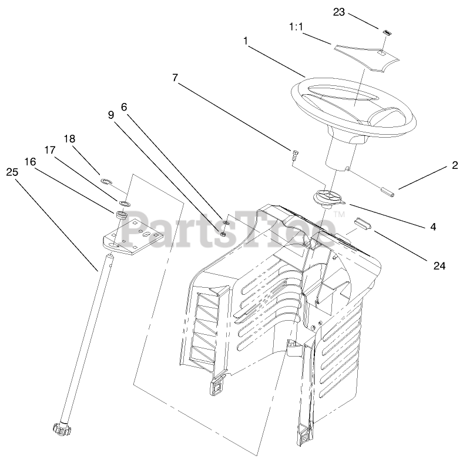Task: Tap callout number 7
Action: (175, 77)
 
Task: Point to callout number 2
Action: (454, 166)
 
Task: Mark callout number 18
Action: (70, 139)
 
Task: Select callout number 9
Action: (111, 115)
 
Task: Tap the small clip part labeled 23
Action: (387, 32)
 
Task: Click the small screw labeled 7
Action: (294, 155)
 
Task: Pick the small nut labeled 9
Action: (224, 234)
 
